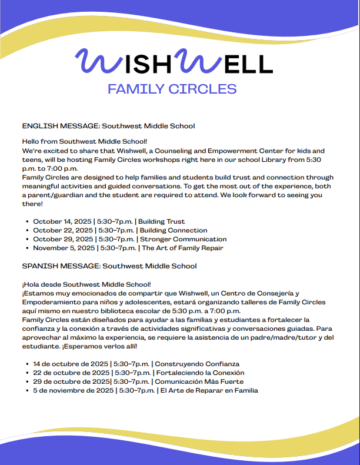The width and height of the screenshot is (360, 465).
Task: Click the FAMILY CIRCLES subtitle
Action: [x=172, y=89]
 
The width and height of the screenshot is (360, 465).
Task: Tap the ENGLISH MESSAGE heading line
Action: [x=108, y=126]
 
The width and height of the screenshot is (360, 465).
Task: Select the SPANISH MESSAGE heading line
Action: [x=109, y=266]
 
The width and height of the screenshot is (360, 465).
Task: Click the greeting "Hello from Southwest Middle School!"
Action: [x=84, y=142]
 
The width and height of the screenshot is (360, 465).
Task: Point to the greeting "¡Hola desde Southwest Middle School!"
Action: [x=86, y=284]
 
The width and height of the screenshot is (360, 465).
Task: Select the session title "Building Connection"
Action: [x=173, y=230]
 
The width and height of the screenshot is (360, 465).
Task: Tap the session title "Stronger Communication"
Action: [x=182, y=239]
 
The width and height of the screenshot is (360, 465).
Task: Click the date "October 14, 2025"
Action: [x=62, y=221]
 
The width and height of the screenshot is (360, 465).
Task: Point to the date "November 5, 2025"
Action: [x=62, y=248]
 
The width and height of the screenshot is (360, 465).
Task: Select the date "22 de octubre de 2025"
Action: [x=71, y=373]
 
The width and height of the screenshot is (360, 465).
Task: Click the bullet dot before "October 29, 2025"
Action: [x=28, y=240]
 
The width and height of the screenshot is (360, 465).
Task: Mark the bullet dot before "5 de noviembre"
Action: [x=28, y=390]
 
